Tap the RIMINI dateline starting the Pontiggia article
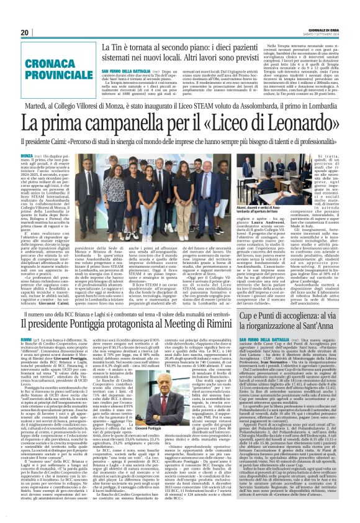coord(28,341)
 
